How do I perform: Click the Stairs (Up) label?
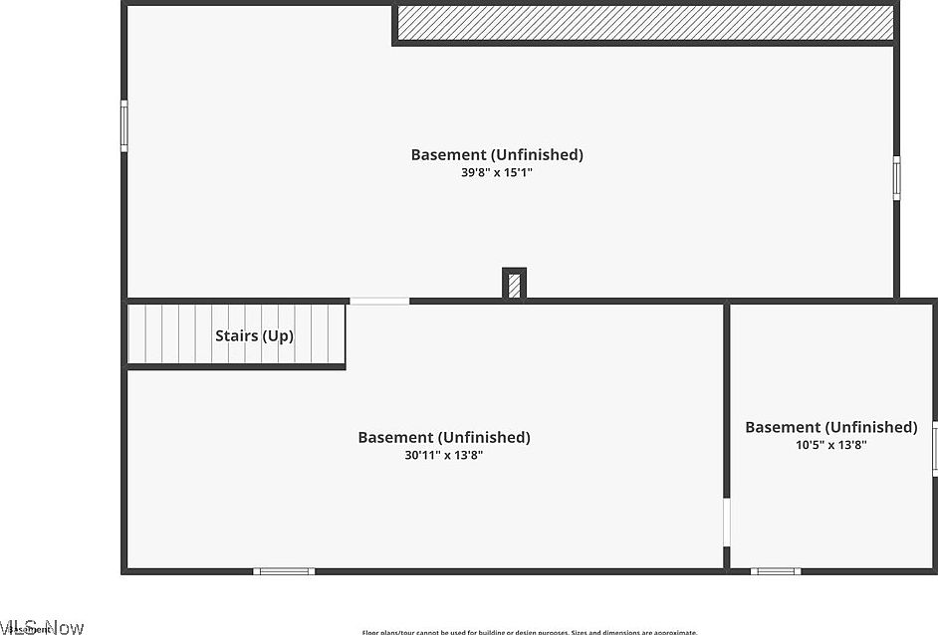254,335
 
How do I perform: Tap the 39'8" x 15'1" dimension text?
497,172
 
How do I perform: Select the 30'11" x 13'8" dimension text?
444,455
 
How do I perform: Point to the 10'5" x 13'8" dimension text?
830,445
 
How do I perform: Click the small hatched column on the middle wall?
514,285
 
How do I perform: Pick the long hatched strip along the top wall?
644,23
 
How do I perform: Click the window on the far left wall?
124,125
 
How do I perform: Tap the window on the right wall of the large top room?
896,178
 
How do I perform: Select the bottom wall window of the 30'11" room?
284,571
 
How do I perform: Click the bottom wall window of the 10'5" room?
775,571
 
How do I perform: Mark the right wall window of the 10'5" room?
934,446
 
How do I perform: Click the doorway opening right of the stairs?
378,301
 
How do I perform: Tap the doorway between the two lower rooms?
726,523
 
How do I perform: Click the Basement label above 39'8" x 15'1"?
497,154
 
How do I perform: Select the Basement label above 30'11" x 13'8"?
444,437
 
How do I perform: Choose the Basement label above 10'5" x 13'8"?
830,427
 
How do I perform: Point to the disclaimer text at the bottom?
529,632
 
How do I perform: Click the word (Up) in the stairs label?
278,335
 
